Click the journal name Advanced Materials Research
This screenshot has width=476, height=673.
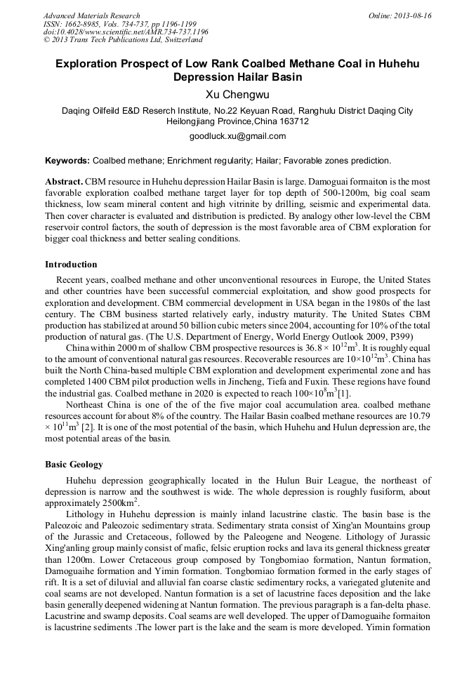pyautogui.click(x=91, y=15)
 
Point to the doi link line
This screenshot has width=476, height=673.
pyautogui.click(x=126, y=32)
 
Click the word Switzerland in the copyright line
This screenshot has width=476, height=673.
pyautogui.click(x=176, y=40)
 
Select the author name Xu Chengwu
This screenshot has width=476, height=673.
pyautogui.click(x=238, y=93)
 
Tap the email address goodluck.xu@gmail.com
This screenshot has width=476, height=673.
pyautogui.click(x=238, y=135)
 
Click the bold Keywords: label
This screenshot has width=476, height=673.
pyautogui.click(x=67, y=161)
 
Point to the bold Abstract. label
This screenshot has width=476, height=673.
pyautogui.click(x=65, y=181)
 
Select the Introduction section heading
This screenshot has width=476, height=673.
pyautogui.click(x=71, y=265)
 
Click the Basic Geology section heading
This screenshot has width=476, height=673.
pyautogui.click(x=74, y=465)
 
